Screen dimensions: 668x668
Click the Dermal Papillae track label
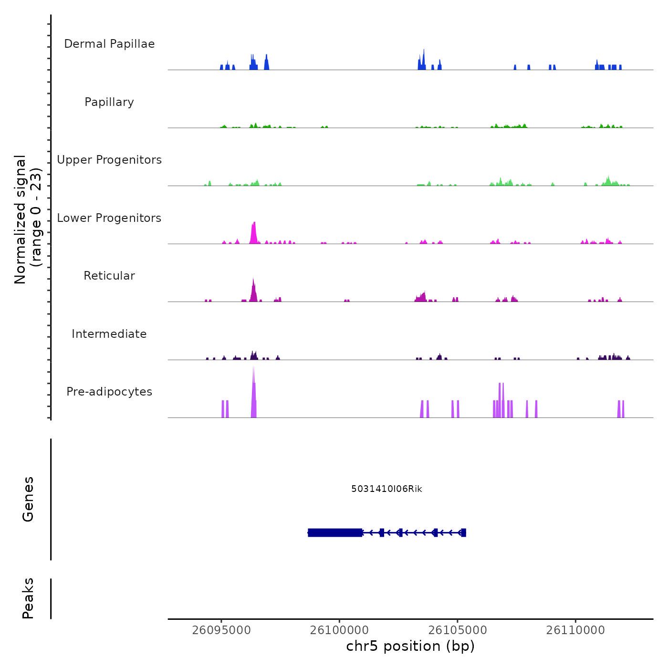109,44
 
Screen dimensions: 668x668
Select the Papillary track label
109,102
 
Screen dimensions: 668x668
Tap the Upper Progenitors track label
109,160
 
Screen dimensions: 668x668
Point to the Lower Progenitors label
109,218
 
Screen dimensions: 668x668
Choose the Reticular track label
109,276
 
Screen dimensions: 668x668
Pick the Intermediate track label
109,334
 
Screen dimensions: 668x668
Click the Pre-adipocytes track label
109,392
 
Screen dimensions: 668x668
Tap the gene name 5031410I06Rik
386,489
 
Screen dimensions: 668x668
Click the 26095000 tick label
221,630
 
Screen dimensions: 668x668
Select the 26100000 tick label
339,630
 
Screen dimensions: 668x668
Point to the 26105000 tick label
458,630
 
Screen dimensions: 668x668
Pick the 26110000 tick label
575,630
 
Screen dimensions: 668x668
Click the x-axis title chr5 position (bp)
410,646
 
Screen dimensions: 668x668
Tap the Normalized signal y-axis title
28,219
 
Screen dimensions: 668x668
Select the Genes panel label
28,499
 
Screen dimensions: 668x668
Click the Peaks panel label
28,598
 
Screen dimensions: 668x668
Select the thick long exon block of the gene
334,532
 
